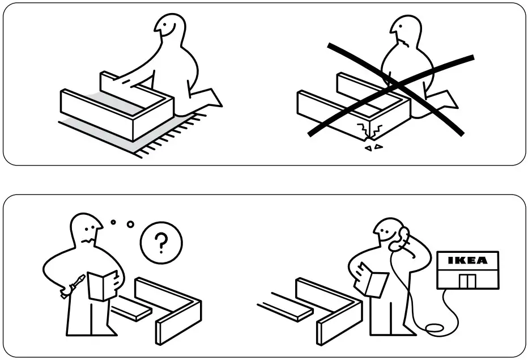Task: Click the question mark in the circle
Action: point(161,244)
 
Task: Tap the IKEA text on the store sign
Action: point(467,261)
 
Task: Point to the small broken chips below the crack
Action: point(373,147)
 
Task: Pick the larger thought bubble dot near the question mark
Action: point(130,224)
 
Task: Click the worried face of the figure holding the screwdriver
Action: point(88,230)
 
